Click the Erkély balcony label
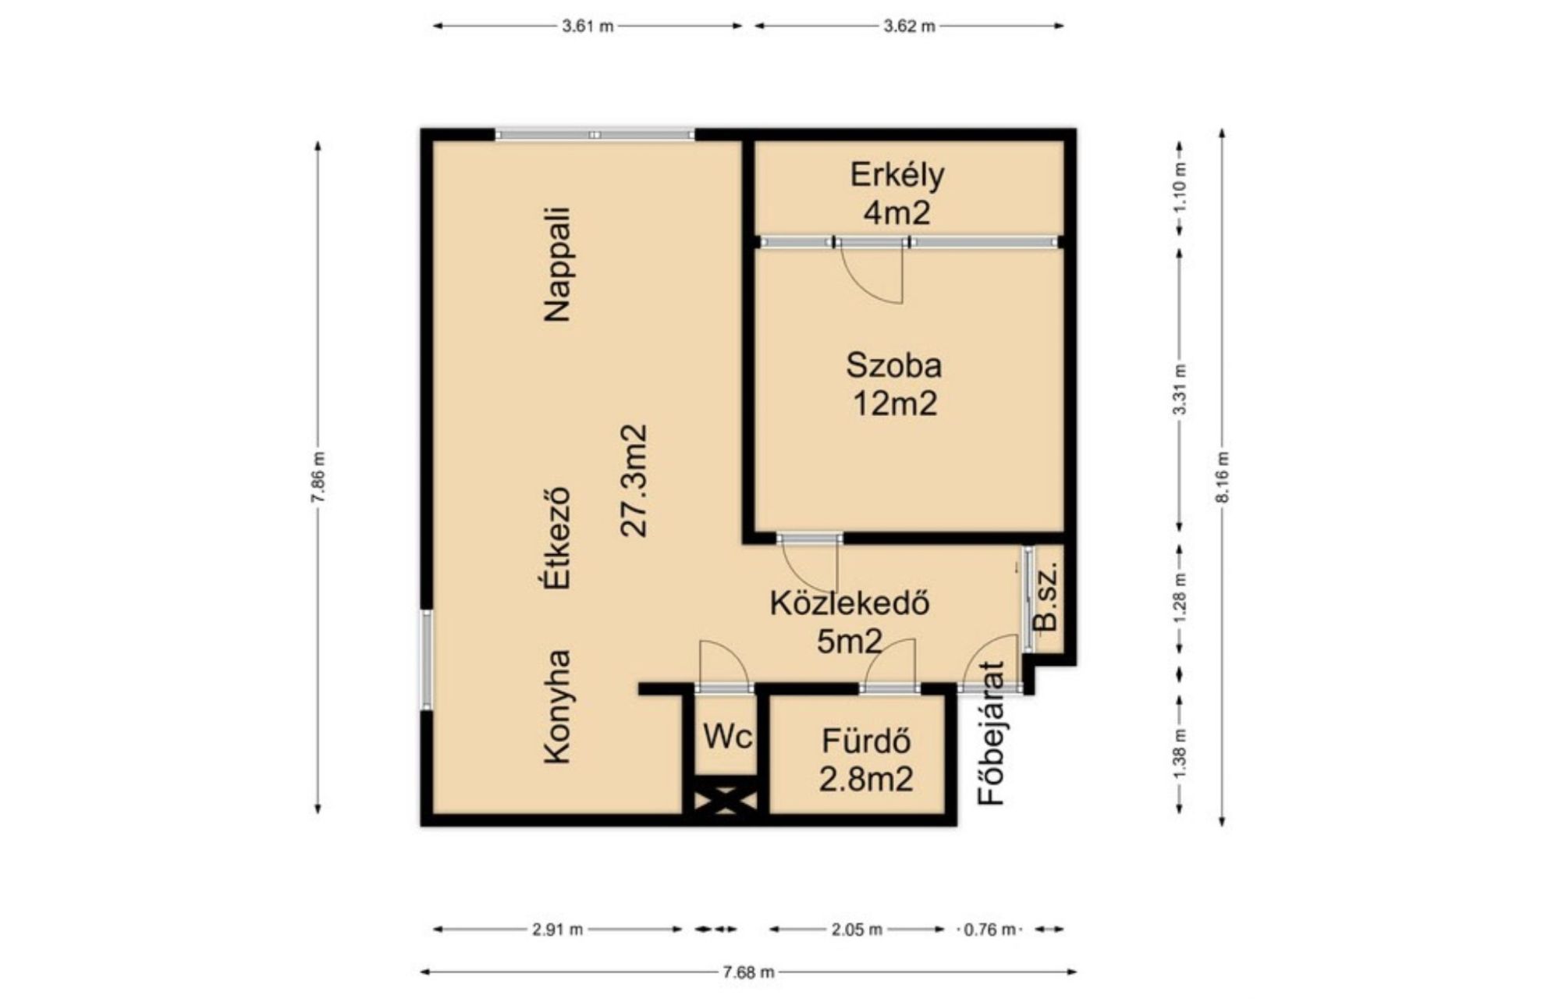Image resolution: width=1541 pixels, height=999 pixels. [897, 175]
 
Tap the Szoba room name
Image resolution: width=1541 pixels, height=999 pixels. [894, 365]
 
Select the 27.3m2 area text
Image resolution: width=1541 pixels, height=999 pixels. [634, 480]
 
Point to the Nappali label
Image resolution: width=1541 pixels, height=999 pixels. [558, 265]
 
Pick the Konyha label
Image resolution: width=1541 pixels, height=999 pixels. [558, 707]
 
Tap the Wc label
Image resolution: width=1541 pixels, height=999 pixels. [727, 736]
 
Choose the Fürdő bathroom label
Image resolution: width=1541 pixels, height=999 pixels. [866, 740]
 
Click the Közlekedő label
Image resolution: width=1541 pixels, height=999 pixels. [850, 603]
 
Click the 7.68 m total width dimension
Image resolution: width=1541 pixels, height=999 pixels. [748, 972]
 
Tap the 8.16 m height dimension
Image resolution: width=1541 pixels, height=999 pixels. [1222, 477]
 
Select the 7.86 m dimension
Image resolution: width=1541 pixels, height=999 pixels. [318, 477]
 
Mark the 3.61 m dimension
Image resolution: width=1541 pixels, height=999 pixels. [588, 26]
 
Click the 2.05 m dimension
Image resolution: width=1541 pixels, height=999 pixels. [857, 929]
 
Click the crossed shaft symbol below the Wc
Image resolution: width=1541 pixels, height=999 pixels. [726, 801]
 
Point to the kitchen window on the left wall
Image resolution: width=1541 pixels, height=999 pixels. [426, 660]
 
